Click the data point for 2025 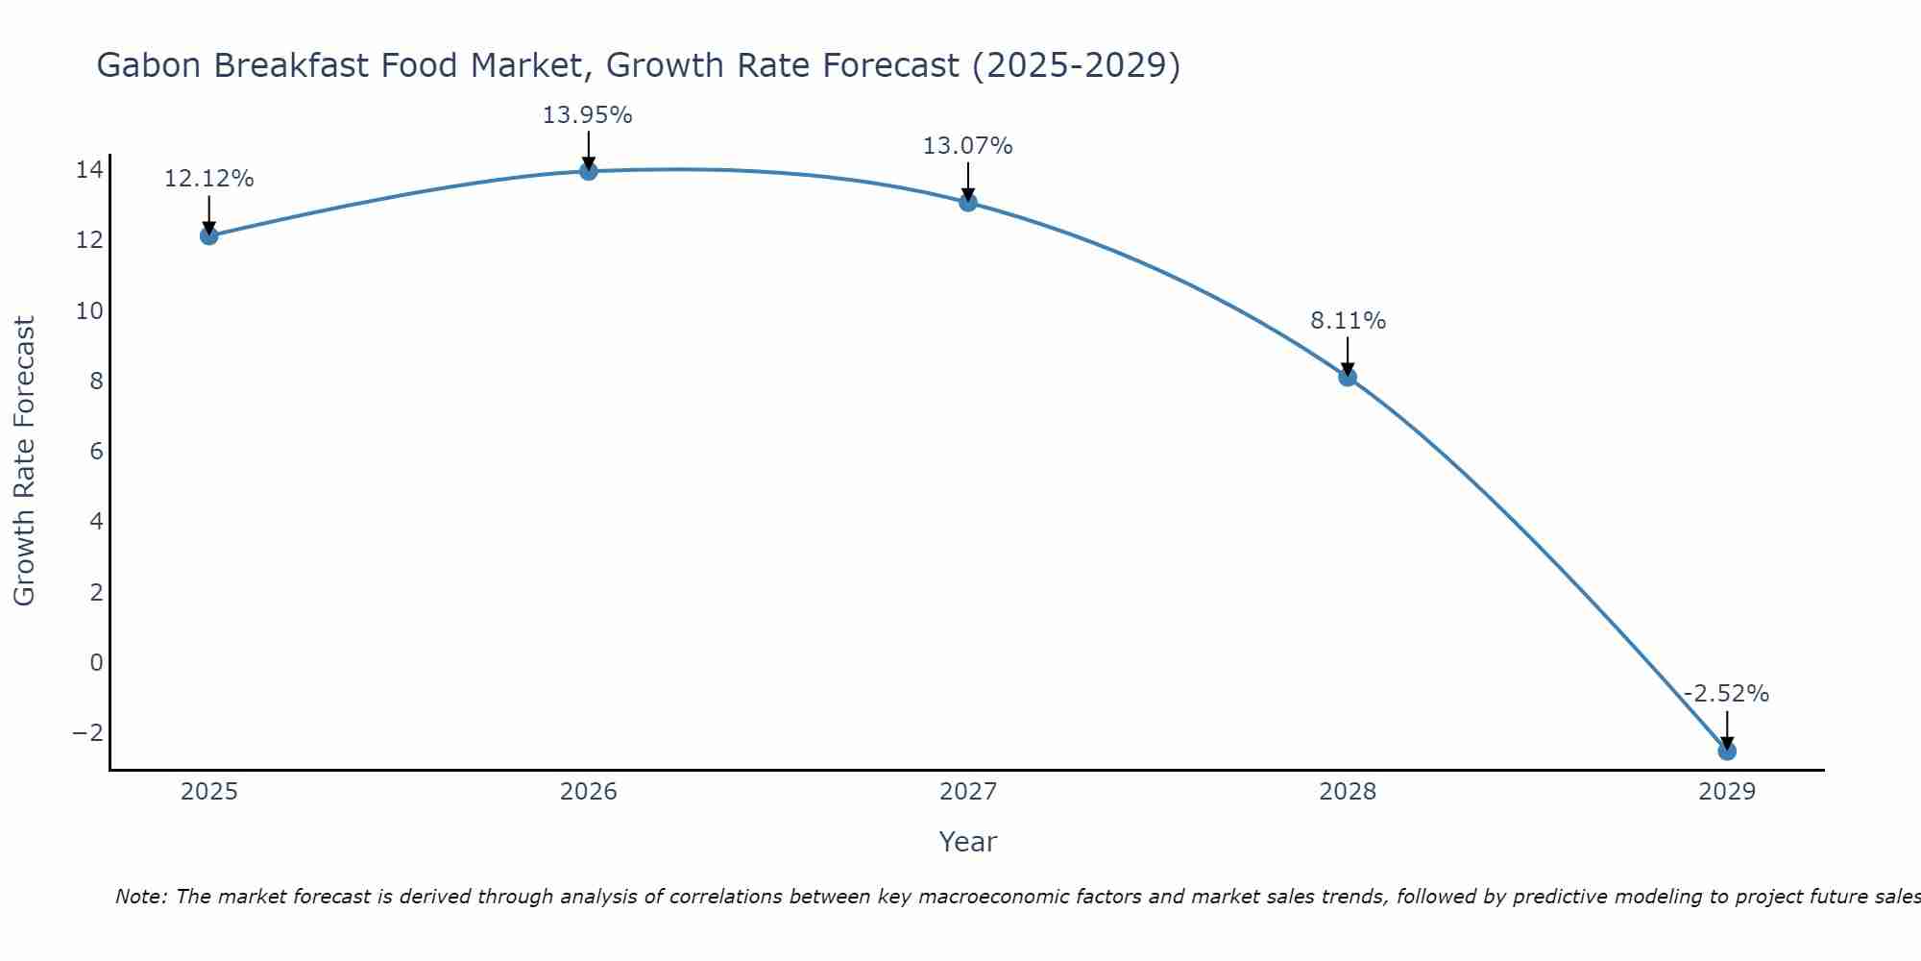coord(209,235)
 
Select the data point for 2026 coord(589,171)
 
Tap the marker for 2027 coord(968,202)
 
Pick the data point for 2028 coord(1348,377)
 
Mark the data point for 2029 coord(1727,751)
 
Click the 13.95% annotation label coord(588,115)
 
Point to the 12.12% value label coord(209,179)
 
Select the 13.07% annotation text coord(968,146)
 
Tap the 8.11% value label coord(1348,321)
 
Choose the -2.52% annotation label coord(1726,694)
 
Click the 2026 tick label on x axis coord(589,792)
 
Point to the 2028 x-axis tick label coord(1348,792)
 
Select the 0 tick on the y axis coord(96,662)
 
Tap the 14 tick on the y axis coord(89,170)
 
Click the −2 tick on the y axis coord(87,732)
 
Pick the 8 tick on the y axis coord(96,381)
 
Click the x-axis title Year coord(968,842)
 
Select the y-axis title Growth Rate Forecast coord(24,460)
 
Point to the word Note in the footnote coord(141,897)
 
